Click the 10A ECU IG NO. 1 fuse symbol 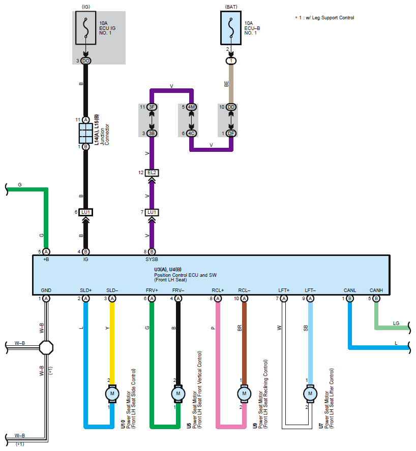point(85,28)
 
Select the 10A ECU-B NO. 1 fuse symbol point(231,28)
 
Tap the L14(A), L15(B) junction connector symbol point(86,133)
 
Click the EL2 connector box point(152,173)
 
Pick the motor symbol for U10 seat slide point(112,394)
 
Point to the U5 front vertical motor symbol point(178,394)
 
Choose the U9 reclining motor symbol point(244,394)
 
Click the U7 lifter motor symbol point(310,394)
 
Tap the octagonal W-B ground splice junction point(46,348)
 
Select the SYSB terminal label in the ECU point(152,260)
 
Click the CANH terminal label point(376,290)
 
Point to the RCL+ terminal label point(218,290)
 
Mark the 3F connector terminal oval point(152,107)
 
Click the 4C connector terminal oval point(191,134)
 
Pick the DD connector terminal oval point(231,107)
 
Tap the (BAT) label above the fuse point(231,7)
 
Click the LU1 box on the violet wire point(152,212)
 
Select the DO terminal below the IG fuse point(86,60)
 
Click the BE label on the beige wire point(226,84)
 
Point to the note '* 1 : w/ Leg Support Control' point(324,18)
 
